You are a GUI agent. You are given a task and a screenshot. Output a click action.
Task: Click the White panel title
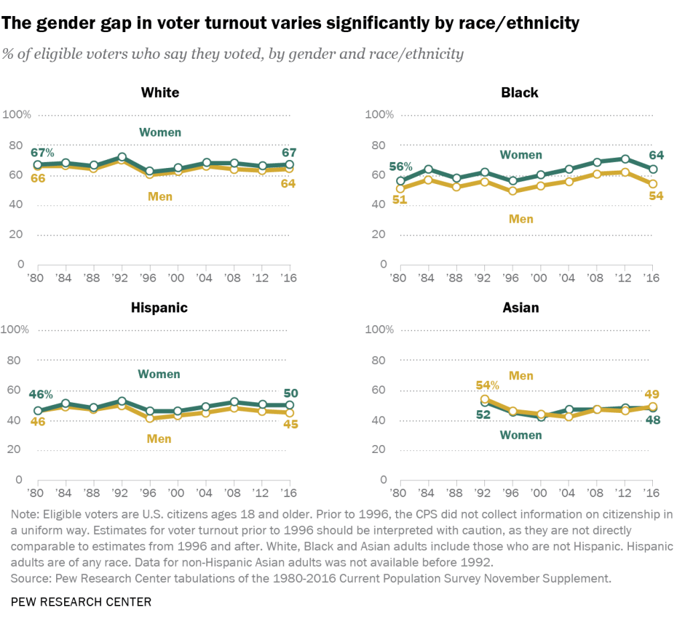(x=160, y=92)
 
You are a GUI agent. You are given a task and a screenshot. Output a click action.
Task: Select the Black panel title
(x=520, y=92)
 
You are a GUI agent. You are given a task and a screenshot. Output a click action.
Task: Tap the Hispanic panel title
(x=160, y=308)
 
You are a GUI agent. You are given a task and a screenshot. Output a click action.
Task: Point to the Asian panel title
(x=520, y=308)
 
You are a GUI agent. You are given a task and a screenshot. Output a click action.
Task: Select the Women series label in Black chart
(x=521, y=155)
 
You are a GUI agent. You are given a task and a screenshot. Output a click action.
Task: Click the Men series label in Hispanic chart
(x=160, y=439)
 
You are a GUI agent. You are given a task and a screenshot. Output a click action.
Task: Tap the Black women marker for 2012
(x=625, y=159)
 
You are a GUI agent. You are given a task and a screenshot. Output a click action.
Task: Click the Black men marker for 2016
(x=653, y=183)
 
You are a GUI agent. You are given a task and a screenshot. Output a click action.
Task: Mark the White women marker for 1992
(x=122, y=157)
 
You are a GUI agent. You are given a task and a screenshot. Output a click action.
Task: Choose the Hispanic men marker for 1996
(x=150, y=418)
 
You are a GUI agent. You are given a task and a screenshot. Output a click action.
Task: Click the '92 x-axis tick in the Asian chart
(x=484, y=493)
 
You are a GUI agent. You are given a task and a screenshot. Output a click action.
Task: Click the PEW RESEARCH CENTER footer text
(x=81, y=602)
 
